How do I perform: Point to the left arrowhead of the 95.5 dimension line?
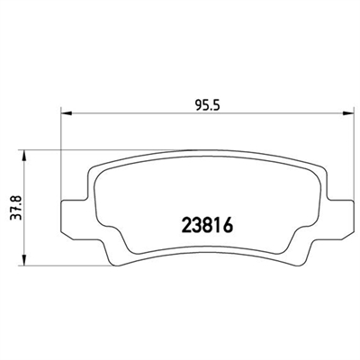65,112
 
